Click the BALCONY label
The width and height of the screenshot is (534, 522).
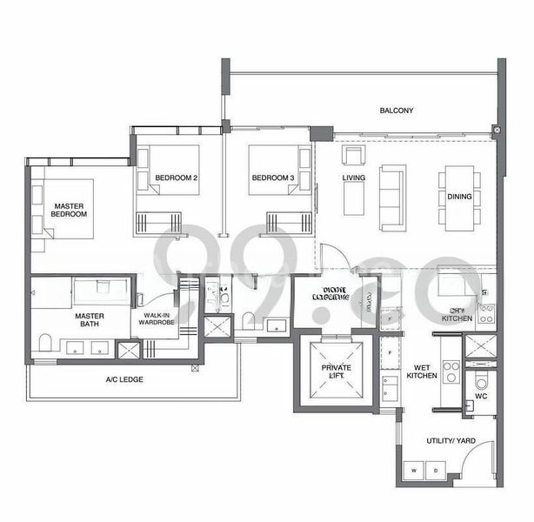pos(396,110)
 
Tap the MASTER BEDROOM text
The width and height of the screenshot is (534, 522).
pos(69,209)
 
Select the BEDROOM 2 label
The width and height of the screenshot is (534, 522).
pos(177,178)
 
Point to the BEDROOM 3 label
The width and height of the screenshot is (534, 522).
pos(273,178)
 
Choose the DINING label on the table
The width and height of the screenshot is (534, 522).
pos(460,197)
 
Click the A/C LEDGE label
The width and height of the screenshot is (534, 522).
pos(124,380)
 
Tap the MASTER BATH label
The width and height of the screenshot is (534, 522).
pos(90,319)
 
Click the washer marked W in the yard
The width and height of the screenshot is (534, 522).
pos(414,471)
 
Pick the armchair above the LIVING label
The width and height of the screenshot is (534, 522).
pos(353,156)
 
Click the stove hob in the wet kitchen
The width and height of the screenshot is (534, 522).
pos(451,371)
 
